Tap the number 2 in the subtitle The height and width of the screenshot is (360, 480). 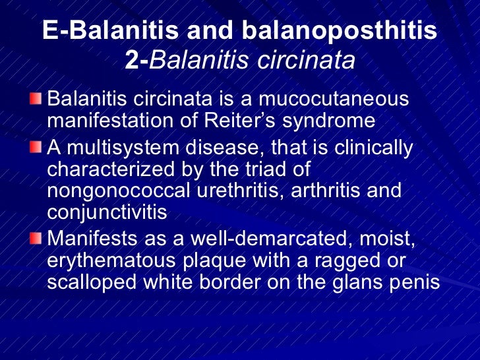[x=131, y=60]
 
